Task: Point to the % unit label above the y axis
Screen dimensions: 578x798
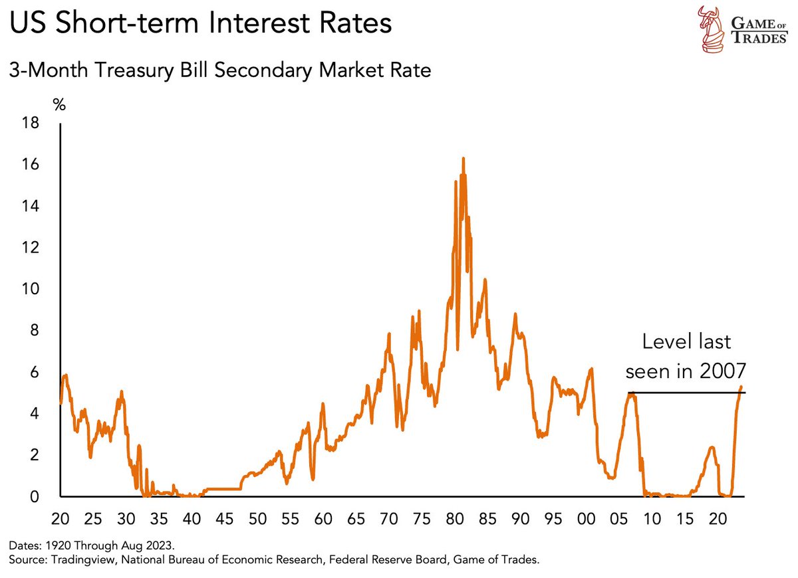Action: pyautogui.click(x=60, y=104)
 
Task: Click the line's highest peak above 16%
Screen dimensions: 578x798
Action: pyautogui.click(x=463, y=158)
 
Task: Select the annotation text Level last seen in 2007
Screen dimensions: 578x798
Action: pyautogui.click(x=686, y=356)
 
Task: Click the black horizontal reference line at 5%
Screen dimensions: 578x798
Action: pyautogui.click(x=685, y=393)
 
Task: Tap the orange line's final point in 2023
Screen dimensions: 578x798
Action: pyautogui.click(x=741, y=387)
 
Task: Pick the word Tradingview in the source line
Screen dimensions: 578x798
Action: pyautogui.click(x=73, y=561)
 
